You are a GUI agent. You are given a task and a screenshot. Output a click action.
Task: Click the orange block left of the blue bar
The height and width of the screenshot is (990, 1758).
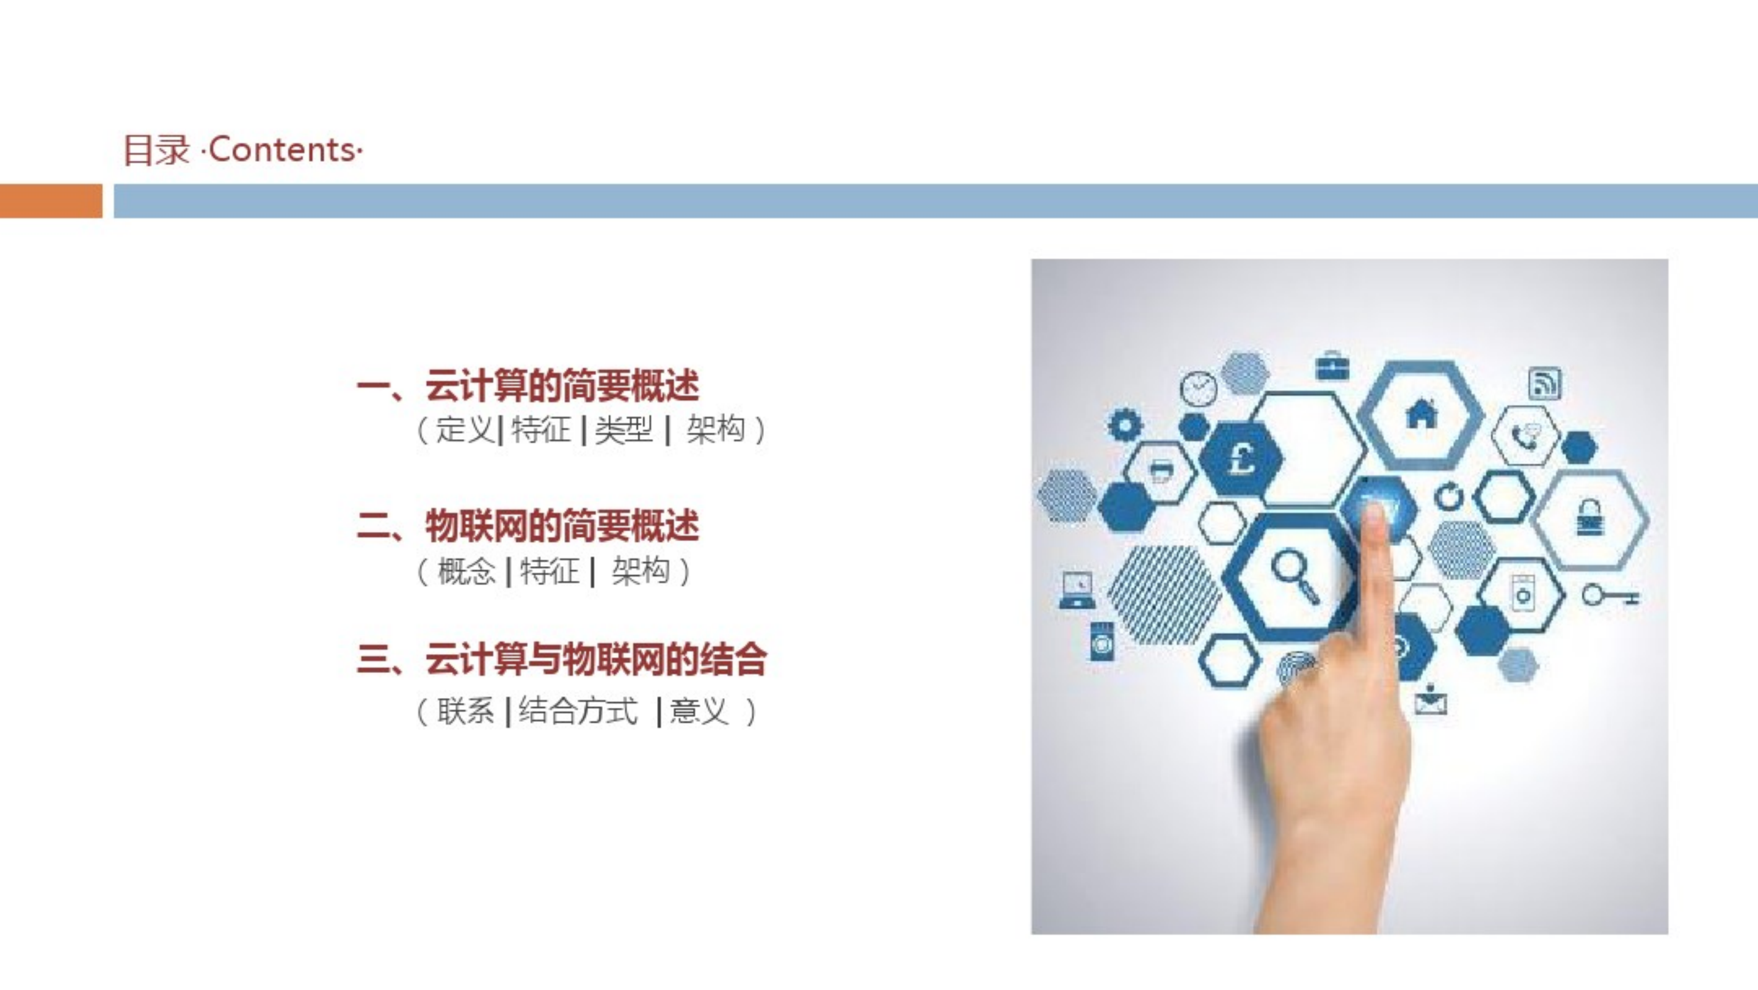tap(51, 201)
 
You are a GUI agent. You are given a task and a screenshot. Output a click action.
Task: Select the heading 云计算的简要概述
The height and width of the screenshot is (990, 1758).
tap(562, 385)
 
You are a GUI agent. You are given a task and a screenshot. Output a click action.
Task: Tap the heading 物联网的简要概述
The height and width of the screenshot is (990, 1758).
tap(562, 526)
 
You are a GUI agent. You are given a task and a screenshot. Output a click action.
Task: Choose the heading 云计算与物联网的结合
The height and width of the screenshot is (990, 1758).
tap(596, 660)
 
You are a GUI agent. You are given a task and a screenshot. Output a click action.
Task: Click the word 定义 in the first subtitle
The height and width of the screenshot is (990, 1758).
tap(465, 429)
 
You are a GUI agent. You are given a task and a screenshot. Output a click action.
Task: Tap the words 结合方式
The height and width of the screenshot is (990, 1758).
tap(578, 711)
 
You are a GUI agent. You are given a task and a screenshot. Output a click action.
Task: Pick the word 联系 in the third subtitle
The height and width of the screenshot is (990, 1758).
tap(465, 711)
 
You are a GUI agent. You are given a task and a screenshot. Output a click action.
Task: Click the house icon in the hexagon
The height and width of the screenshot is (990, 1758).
tap(1422, 413)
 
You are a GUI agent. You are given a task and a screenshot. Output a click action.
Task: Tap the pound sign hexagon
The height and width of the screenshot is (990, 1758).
tap(1241, 457)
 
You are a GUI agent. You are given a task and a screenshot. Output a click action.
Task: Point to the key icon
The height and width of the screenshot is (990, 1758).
tap(1610, 596)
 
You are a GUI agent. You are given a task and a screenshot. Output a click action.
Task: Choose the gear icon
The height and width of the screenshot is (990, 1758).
tap(1125, 424)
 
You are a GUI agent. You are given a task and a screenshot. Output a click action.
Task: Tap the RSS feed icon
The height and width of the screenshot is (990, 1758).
tap(1544, 383)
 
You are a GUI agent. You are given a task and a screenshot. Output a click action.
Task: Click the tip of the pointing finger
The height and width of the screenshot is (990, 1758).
tap(1376, 511)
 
